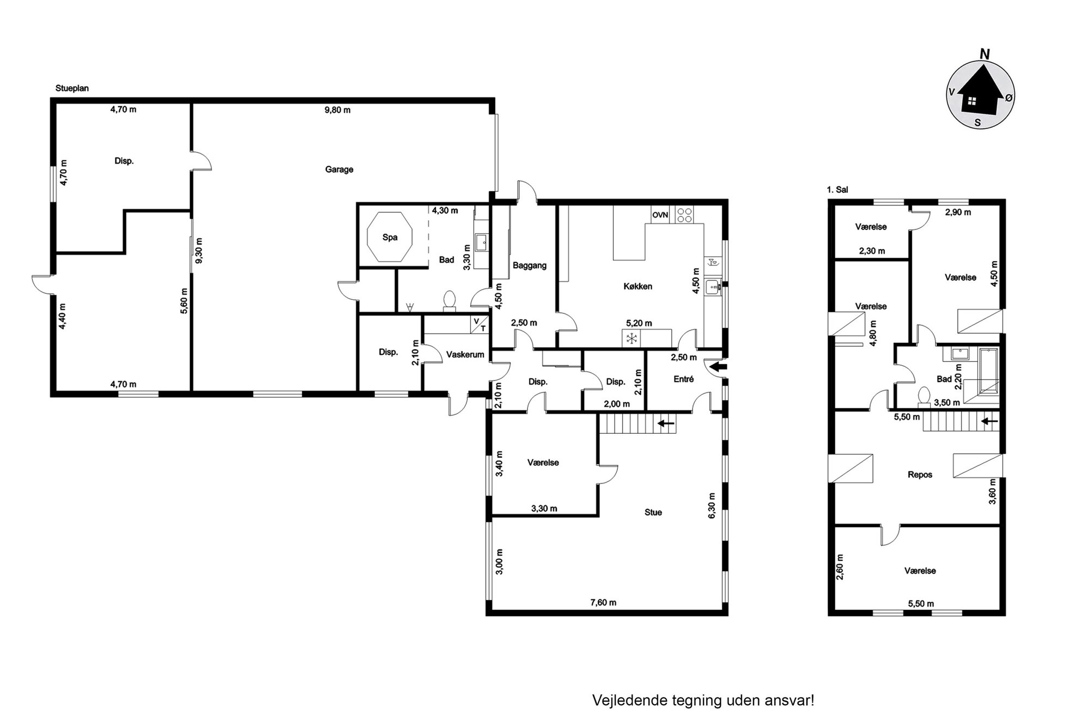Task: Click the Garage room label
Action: point(339,169)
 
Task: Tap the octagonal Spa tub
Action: point(390,237)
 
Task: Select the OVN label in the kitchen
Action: point(660,215)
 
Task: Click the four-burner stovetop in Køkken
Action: point(684,215)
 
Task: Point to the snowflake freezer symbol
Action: point(631,338)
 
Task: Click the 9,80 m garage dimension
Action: point(337,110)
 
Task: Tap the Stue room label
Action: point(653,512)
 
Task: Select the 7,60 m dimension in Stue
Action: point(603,602)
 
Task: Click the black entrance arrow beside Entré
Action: point(719,367)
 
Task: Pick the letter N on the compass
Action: point(985,54)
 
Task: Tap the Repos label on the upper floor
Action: point(920,475)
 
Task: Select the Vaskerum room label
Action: point(465,355)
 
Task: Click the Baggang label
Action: point(529,265)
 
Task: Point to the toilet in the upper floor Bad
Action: point(924,397)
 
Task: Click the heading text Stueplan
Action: point(72,88)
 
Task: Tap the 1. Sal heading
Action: point(837,190)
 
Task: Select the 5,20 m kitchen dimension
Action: point(639,323)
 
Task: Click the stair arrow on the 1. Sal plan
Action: point(990,421)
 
